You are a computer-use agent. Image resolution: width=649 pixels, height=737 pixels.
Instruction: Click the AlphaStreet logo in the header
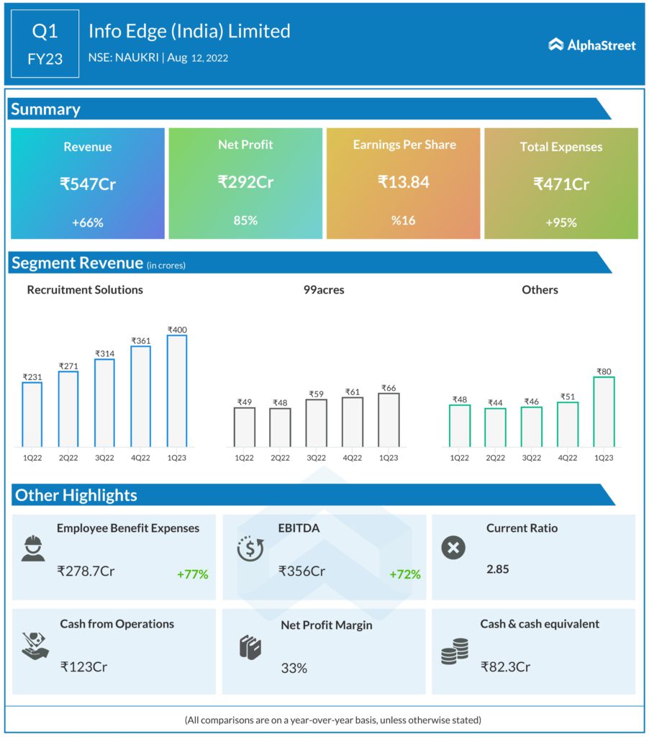tap(592, 45)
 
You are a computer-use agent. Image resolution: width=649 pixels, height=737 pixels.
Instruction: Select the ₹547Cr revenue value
tap(88, 184)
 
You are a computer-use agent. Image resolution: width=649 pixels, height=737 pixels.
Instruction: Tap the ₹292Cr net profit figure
tap(245, 182)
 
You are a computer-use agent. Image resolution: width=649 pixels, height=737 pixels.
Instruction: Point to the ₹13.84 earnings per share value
tap(404, 182)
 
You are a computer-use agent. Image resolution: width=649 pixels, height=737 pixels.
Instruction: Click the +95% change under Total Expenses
tap(561, 222)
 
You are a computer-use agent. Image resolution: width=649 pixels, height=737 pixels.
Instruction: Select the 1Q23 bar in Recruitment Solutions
tap(177, 391)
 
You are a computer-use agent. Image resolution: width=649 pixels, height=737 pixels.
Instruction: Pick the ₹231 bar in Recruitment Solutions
tap(32, 414)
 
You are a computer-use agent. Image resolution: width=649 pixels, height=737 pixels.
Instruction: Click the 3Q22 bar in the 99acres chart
tap(316, 422)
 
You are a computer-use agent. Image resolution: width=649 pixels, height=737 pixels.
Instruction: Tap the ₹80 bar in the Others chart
tap(604, 411)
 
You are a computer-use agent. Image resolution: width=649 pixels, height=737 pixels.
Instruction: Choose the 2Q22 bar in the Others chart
tap(495, 428)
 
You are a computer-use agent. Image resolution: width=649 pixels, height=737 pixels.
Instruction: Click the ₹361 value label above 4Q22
tap(141, 340)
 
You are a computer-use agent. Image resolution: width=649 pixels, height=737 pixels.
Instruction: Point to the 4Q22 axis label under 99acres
tap(352, 458)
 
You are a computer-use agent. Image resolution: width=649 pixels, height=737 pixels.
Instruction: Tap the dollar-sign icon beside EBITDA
tap(250, 548)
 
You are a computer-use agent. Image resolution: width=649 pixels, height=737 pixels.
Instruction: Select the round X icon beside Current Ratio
tap(453, 548)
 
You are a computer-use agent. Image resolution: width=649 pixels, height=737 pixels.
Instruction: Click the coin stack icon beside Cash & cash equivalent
tap(455, 651)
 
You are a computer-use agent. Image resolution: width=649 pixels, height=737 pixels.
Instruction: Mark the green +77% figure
tap(192, 574)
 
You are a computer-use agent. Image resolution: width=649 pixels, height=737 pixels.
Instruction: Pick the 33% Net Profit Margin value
tap(294, 668)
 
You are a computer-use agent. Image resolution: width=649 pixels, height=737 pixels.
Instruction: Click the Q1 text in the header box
tap(45, 31)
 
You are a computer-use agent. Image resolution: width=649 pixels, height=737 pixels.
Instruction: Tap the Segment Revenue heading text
tap(77, 263)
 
